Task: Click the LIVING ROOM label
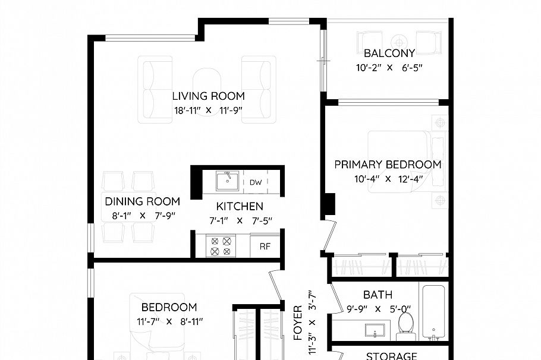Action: coord(209,96)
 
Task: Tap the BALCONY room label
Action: coord(389,53)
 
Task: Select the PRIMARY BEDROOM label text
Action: coord(388,165)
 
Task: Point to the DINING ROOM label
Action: coord(142,201)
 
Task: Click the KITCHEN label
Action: coord(240,206)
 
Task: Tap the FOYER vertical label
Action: coord(298,323)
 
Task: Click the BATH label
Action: coord(378,295)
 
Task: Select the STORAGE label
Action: coord(392,356)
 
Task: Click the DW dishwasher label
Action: coord(256,182)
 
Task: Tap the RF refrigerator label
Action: coord(265,246)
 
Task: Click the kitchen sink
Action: coord(228,181)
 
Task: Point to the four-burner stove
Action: coord(221,246)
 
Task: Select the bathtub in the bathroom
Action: coord(434,312)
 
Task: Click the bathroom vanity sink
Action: coord(375,331)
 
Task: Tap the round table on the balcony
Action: coord(399,42)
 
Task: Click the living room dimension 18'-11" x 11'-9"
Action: coord(209,110)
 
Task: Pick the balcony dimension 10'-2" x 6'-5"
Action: coord(389,68)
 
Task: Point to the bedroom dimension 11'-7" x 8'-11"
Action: coord(170,322)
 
